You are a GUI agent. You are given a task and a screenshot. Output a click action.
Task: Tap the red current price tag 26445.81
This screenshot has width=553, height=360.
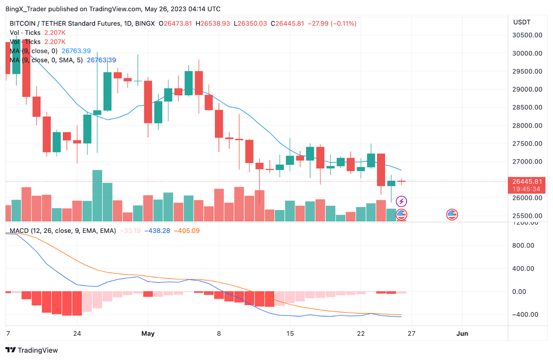(x=525, y=181)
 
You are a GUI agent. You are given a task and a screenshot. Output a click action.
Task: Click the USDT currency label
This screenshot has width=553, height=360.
(x=521, y=22)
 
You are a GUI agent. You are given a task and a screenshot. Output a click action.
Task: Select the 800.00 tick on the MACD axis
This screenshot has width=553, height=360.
(x=524, y=246)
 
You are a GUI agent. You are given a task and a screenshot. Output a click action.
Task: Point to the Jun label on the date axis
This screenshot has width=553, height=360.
(x=462, y=334)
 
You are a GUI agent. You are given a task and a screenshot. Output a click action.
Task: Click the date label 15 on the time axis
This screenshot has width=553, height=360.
(x=290, y=334)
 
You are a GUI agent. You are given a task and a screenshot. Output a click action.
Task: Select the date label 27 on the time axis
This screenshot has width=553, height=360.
(x=412, y=334)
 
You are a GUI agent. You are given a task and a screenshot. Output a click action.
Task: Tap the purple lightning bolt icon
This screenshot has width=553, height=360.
(x=401, y=201)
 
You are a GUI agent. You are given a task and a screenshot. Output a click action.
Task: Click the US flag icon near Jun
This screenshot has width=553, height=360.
(x=452, y=214)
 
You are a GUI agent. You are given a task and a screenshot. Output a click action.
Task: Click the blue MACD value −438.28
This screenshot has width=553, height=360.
(x=157, y=231)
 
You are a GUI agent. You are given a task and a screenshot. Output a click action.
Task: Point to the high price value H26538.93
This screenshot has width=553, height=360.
(x=213, y=23)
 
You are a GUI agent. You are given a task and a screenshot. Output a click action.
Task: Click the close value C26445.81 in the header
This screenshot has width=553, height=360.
(x=287, y=23)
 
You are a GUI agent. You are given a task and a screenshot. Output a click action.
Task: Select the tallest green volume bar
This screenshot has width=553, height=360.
(x=97, y=196)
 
